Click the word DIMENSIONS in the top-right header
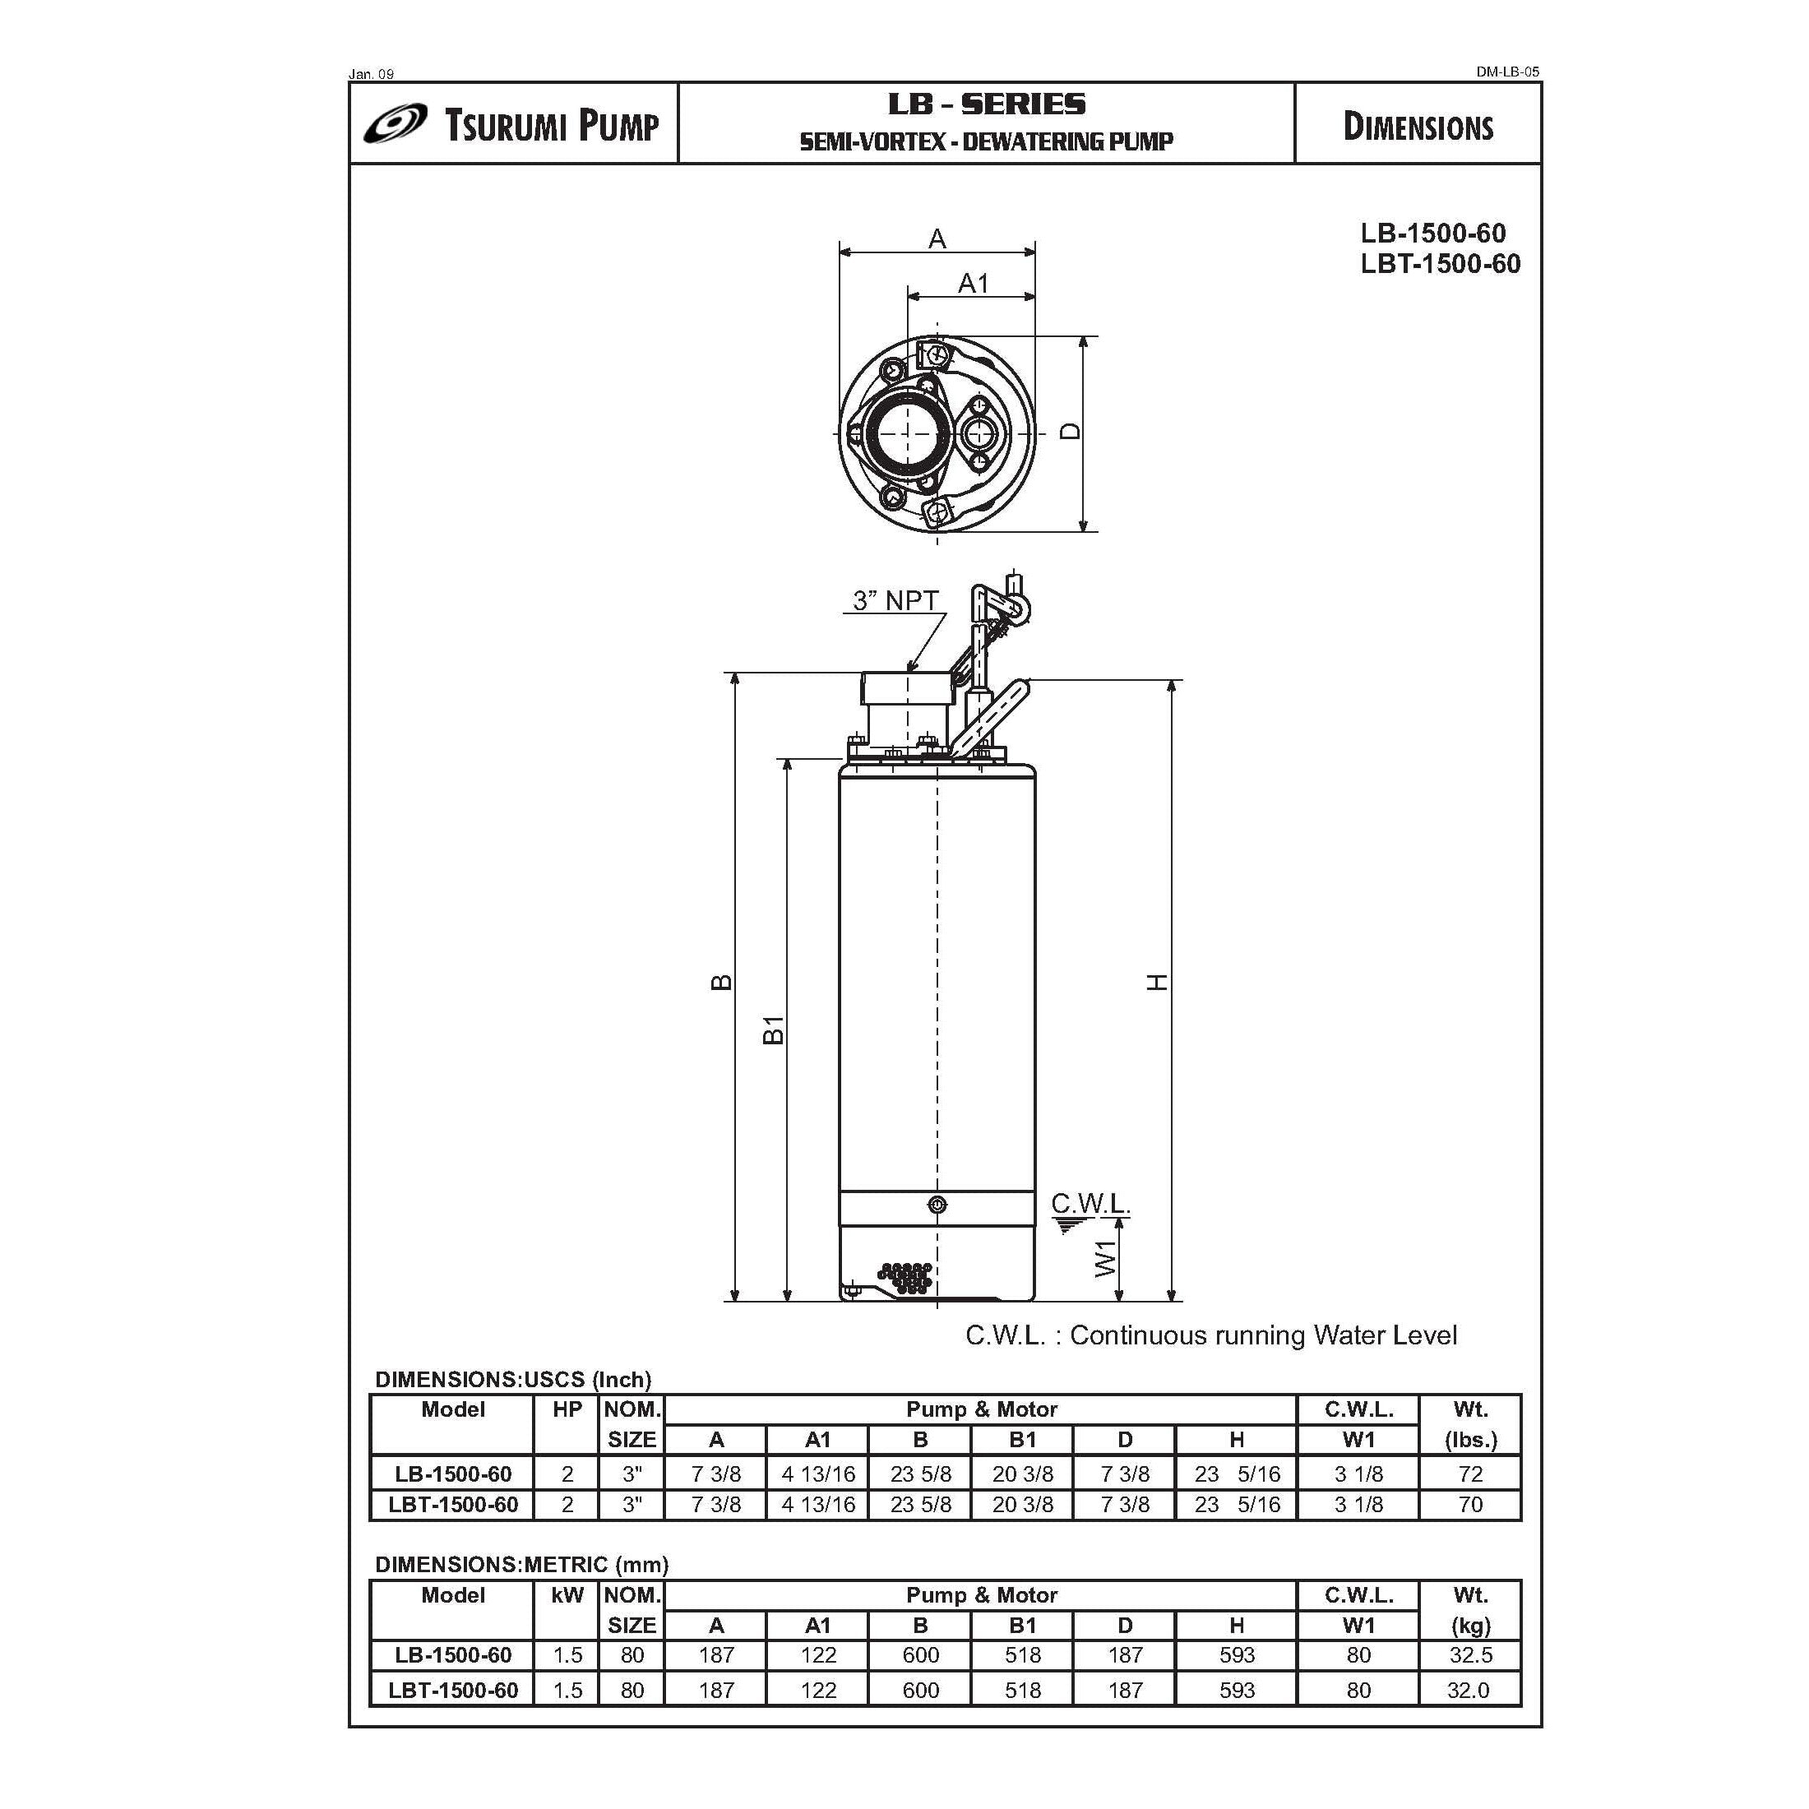[1417, 127]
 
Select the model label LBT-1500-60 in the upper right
[1440, 264]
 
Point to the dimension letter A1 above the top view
[973, 283]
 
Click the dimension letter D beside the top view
[1071, 432]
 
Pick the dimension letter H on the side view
[1159, 983]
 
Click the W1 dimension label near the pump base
[1106, 1257]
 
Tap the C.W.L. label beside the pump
[1090, 1203]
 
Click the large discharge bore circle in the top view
[904, 432]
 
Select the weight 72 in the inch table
[1469, 1474]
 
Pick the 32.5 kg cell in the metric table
[1469, 1655]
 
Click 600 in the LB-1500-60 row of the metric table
[919, 1655]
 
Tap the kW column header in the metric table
[567, 1595]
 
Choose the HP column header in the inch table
[567, 1410]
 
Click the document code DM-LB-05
[1506, 72]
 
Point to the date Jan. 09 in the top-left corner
[372, 74]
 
